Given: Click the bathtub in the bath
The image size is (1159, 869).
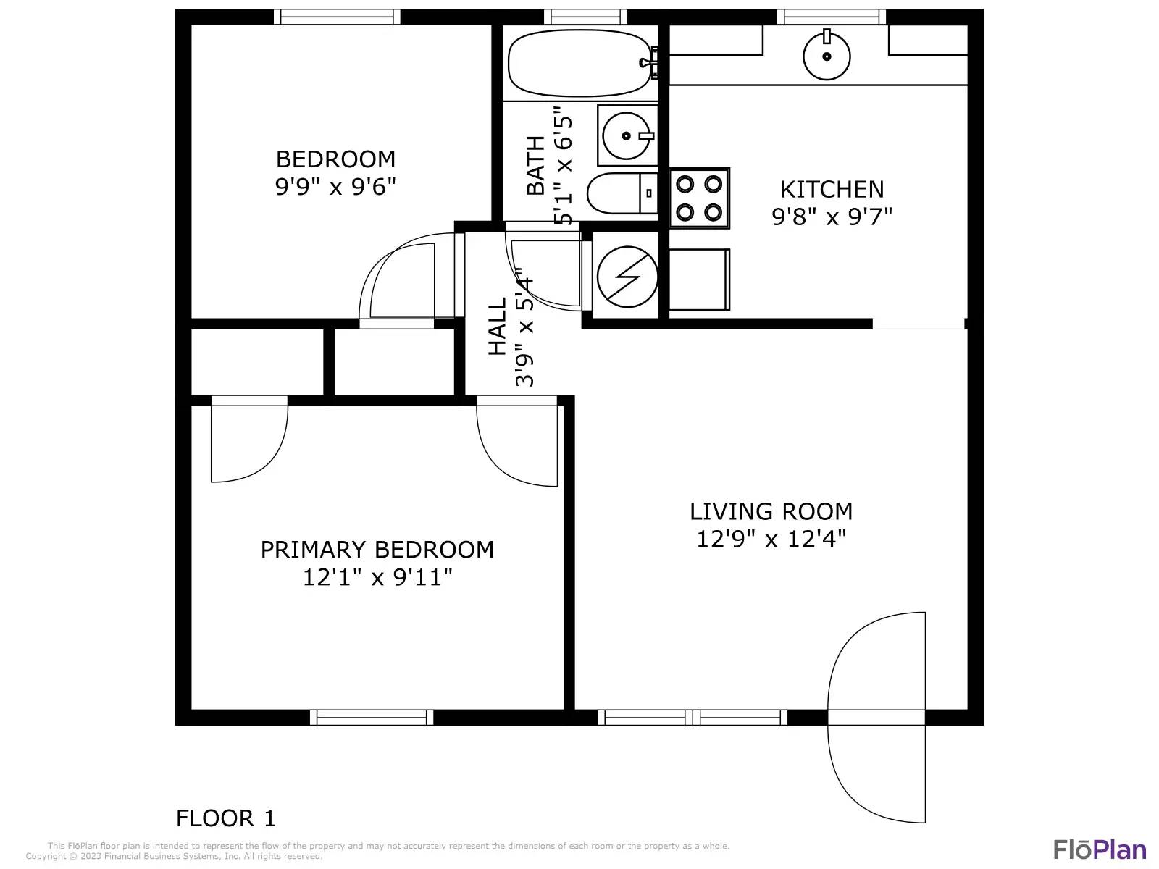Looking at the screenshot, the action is click(581, 63).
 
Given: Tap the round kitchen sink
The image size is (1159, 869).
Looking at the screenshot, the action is click(827, 56).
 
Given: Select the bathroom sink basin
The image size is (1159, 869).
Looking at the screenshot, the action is click(627, 135).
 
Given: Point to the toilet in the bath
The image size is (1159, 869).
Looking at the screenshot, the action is click(622, 193).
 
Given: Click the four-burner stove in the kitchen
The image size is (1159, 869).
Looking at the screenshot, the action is click(700, 198).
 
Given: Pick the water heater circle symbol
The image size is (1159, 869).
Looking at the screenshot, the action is click(627, 277).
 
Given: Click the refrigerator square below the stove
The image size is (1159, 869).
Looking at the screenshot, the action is click(700, 280).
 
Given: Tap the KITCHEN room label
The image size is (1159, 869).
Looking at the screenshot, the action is click(832, 190).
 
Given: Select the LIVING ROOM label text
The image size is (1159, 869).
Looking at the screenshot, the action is click(771, 511).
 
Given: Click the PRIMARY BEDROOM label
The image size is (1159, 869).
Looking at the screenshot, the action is click(377, 550).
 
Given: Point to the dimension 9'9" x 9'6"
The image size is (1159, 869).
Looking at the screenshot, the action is click(335, 186).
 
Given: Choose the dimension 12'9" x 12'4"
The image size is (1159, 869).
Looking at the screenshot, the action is click(771, 539).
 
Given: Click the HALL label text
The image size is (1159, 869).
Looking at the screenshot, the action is click(498, 327).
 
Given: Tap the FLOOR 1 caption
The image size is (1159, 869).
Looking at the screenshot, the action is click(225, 818).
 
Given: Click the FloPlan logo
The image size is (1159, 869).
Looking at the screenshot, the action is click(1100, 849).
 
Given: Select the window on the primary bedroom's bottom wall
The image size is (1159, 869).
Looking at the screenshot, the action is click(371, 717).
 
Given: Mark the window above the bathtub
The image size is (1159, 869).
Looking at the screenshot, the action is click(585, 17).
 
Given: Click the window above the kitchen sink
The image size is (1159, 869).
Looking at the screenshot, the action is click(831, 17).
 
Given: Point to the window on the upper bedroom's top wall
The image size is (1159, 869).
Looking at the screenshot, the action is click(337, 17).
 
